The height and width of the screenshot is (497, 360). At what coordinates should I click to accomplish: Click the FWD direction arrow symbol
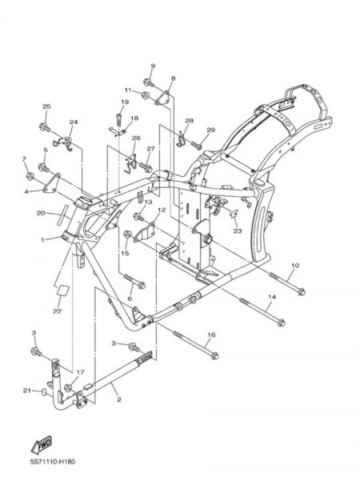click(41, 444)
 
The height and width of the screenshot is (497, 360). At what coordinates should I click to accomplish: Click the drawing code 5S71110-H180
click(53, 462)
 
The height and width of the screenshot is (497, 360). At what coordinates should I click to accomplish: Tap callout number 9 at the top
click(153, 66)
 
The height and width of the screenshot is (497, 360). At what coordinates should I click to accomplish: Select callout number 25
click(47, 107)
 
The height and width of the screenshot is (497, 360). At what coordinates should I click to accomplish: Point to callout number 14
click(272, 297)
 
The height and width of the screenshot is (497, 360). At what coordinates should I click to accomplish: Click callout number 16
click(211, 335)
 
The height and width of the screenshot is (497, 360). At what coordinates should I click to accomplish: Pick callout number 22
click(57, 312)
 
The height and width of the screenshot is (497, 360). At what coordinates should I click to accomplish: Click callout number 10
click(295, 266)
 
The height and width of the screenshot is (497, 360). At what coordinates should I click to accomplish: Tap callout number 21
click(27, 390)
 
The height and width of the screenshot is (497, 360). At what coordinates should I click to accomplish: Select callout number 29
click(211, 129)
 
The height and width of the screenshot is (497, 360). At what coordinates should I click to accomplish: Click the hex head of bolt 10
click(301, 292)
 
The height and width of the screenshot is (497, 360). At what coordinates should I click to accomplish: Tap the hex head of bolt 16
click(215, 356)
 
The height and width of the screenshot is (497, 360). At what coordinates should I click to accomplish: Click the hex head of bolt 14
click(281, 323)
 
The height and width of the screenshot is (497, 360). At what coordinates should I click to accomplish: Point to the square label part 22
click(63, 290)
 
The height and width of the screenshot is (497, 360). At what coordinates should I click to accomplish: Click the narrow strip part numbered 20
click(63, 215)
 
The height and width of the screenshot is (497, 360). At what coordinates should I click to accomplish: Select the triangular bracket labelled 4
click(51, 183)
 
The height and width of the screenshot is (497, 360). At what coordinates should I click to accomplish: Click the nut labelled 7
click(30, 176)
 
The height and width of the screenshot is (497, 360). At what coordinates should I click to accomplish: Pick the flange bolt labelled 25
click(45, 128)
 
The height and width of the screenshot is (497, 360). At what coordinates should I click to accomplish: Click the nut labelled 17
click(68, 388)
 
